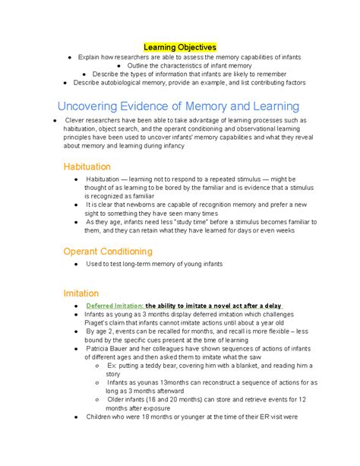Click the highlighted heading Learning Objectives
click(x=180, y=47)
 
